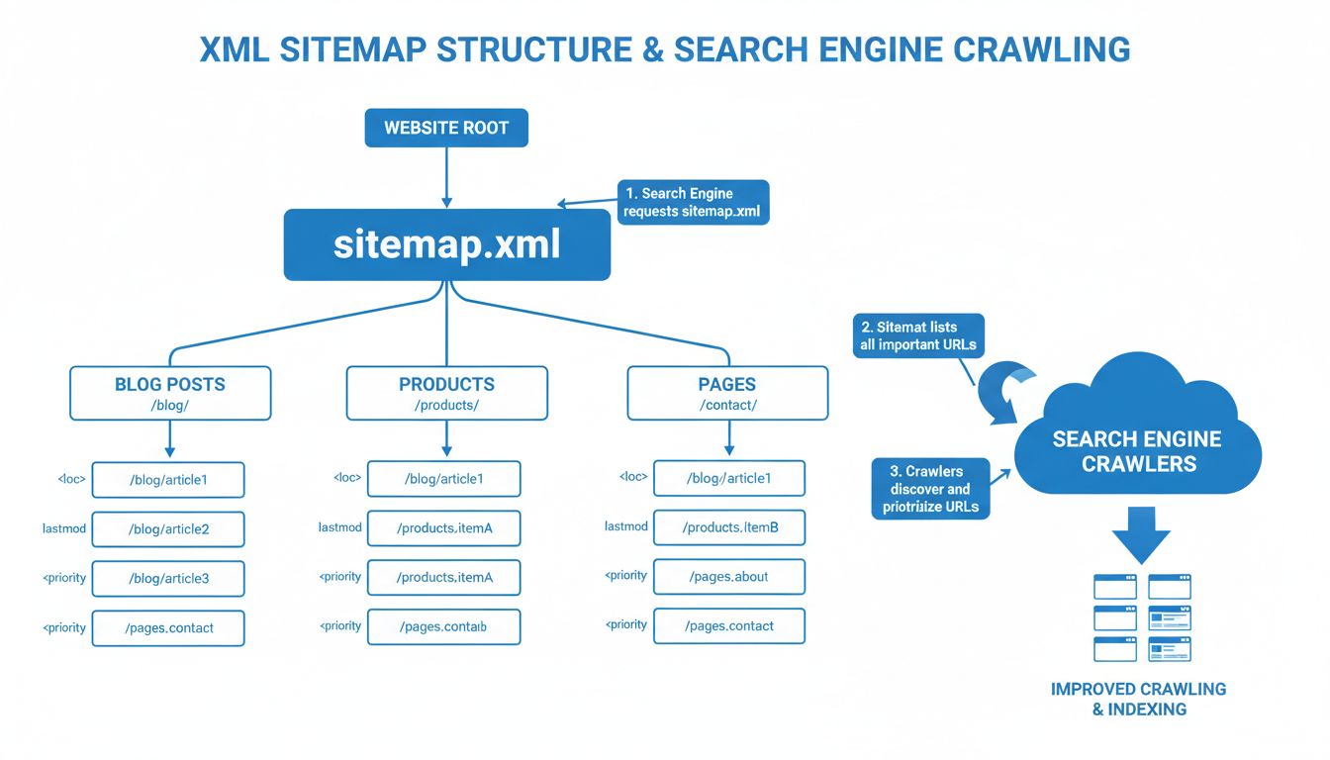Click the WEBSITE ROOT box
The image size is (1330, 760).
(446, 128)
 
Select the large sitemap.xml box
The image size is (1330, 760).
(447, 244)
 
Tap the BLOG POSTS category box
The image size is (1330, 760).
(170, 393)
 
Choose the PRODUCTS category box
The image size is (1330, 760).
(446, 393)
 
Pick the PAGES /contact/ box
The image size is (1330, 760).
(727, 393)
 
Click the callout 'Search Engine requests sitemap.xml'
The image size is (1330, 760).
(694, 202)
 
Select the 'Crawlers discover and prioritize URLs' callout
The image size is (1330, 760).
(931, 489)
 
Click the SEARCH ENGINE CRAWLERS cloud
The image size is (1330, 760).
(1137, 451)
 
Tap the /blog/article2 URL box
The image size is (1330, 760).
(168, 528)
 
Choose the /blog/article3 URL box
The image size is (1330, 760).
(168, 579)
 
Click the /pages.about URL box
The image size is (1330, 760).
(729, 576)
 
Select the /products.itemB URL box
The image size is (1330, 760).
(729, 527)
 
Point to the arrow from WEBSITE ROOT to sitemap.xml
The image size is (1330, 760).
(446, 177)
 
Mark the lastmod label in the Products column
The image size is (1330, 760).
(339, 527)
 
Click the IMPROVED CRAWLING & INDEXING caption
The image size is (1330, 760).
(1138, 699)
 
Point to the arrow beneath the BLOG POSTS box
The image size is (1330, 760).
(170, 439)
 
